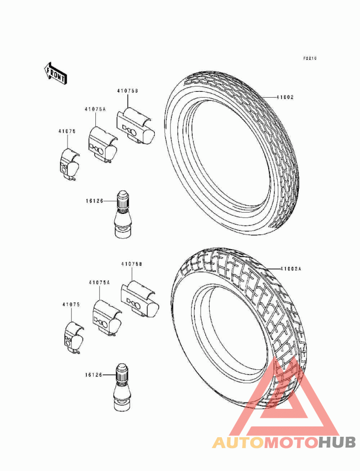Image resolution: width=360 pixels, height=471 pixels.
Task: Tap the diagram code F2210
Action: click(x=310, y=58)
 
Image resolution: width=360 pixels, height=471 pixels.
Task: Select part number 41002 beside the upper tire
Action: click(x=285, y=97)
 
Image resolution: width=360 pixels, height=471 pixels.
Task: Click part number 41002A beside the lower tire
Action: click(x=290, y=268)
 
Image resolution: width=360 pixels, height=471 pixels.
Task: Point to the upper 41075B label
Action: click(x=127, y=91)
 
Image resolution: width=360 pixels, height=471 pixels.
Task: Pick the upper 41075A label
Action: click(x=95, y=109)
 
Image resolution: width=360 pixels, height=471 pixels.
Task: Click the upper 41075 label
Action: click(x=67, y=131)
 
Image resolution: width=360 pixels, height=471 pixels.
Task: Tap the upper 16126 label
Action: click(x=94, y=201)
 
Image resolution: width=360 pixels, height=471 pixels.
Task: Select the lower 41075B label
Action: click(x=131, y=264)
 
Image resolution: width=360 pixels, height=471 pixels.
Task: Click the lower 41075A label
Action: click(x=99, y=282)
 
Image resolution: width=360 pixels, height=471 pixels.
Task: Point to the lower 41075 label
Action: click(x=71, y=304)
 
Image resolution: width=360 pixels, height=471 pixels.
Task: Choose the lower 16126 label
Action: click(x=94, y=375)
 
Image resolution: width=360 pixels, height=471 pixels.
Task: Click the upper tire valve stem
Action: click(x=123, y=213)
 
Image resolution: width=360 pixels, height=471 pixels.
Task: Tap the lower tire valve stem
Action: click(x=122, y=387)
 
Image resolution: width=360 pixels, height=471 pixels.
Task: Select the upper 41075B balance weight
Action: click(x=136, y=126)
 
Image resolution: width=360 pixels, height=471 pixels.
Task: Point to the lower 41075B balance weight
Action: click(x=140, y=299)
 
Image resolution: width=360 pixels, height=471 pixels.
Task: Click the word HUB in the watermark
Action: click(x=337, y=443)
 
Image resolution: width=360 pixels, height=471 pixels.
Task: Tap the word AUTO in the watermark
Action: click(x=238, y=443)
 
